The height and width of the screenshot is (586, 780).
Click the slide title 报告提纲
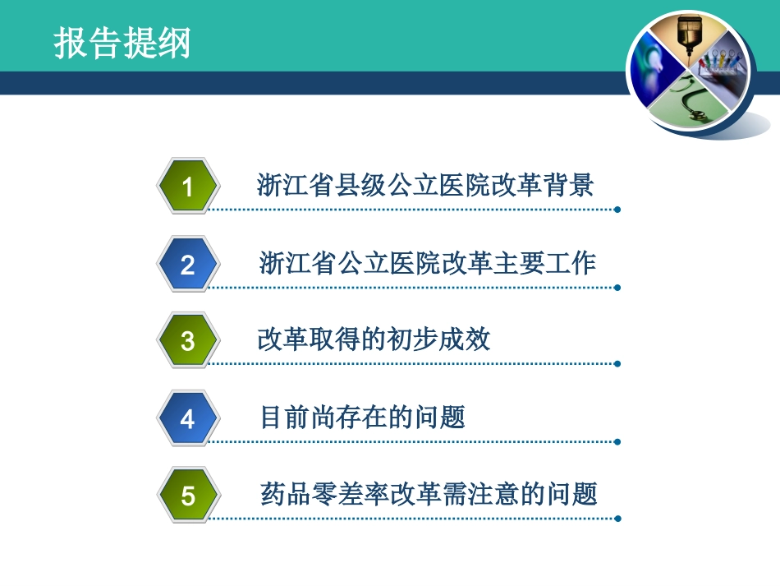pyautogui.click(x=122, y=43)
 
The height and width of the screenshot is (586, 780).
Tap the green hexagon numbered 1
pyautogui.click(x=188, y=187)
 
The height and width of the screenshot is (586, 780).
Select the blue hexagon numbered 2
pyautogui.click(x=188, y=265)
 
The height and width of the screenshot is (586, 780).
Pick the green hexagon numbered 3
pyautogui.click(x=188, y=340)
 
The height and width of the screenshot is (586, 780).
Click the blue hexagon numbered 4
pyautogui.click(x=188, y=418)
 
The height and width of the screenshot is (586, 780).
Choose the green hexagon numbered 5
pyautogui.click(x=188, y=496)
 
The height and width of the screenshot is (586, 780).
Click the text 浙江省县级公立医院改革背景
pyautogui.click(x=424, y=185)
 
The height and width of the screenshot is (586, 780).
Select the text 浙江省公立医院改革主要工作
pyautogui.click(x=427, y=263)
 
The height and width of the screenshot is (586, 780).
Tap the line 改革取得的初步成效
pyautogui.click(x=374, y=339)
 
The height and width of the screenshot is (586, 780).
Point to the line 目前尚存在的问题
pyautogui.click(x=362, y=417)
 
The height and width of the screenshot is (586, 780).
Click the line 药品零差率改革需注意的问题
pyautogui.click(x=428, y=494)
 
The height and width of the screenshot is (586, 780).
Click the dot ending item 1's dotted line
pyautogui.click(x=617, y=210)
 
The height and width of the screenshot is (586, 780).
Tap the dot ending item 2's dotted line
pyautogui.click(x=617, y=288)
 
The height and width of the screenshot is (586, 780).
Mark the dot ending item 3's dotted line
pyautogui.click(x=617, y=363)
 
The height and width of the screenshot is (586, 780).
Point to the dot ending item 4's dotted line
pyautogui.click(x=617, y=441)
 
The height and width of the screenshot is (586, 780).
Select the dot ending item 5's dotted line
pyautogui.click(x=617, y=519)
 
